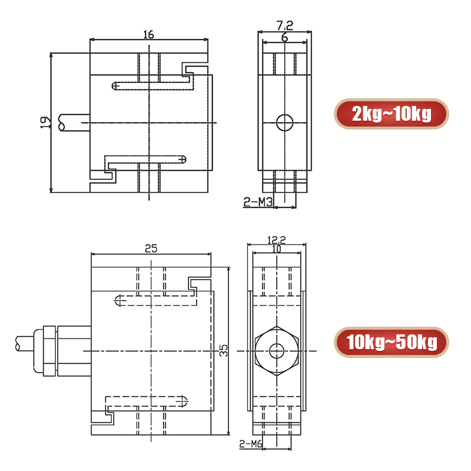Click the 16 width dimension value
click(148, 35)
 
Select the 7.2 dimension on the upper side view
click(284, 25)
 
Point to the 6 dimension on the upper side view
click(284, 38)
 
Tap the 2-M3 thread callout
click(256, 203)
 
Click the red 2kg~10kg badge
click(391, 114)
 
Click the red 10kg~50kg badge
click(391, 342)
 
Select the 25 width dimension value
click(151, 248)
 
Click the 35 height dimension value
click(223, 351)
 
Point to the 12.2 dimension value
click(276, 240)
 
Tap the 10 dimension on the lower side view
click(277, 249)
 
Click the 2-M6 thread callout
click(251, 443)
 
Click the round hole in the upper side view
click(284, 122)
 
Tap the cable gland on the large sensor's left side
click(47, 351)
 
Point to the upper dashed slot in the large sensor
click(156, 300)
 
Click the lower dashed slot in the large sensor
click(147, 402)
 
